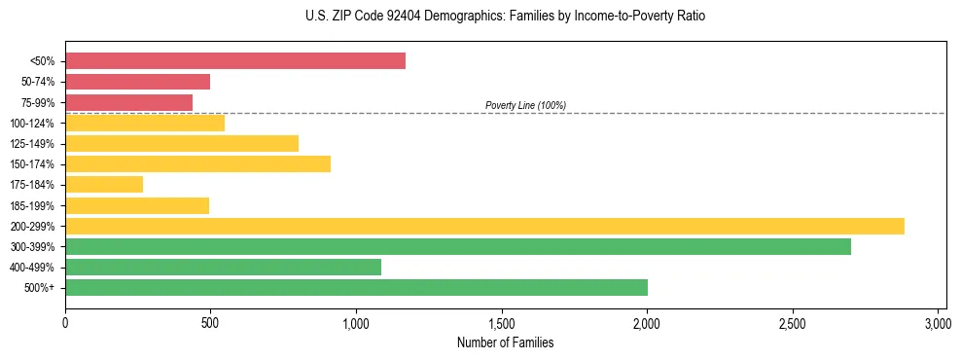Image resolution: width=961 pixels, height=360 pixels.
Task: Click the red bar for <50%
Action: tap(235, 61)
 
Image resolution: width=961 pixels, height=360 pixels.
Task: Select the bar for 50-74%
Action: tap(138, 82)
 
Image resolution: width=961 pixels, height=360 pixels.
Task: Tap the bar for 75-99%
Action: tap(129, 102)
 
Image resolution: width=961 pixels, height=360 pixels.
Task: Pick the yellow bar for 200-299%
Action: tap(484, 226)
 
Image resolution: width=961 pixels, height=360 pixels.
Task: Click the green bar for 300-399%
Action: tap(458, 246)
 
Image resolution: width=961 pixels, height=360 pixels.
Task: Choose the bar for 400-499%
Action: tap(223, 267)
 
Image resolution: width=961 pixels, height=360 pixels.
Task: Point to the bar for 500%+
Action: tap(356, 287)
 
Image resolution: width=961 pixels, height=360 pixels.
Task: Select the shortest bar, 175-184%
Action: tap(104, 184)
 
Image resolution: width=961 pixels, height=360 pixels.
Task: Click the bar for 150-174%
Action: tap(197, 163)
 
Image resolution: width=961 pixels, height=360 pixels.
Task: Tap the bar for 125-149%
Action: tap(182, 143)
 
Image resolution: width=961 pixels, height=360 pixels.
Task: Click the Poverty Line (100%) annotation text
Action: tap(525, 105)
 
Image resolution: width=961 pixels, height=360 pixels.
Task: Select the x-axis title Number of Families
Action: tap(505, 343)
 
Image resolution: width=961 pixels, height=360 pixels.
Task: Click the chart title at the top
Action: tap(505, 17)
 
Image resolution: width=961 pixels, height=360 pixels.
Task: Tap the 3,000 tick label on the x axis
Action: tap(938, 323)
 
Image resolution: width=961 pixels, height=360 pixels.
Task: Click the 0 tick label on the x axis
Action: tap(65, 323)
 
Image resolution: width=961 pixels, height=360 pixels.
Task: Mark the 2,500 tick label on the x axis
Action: tap(793, 323)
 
